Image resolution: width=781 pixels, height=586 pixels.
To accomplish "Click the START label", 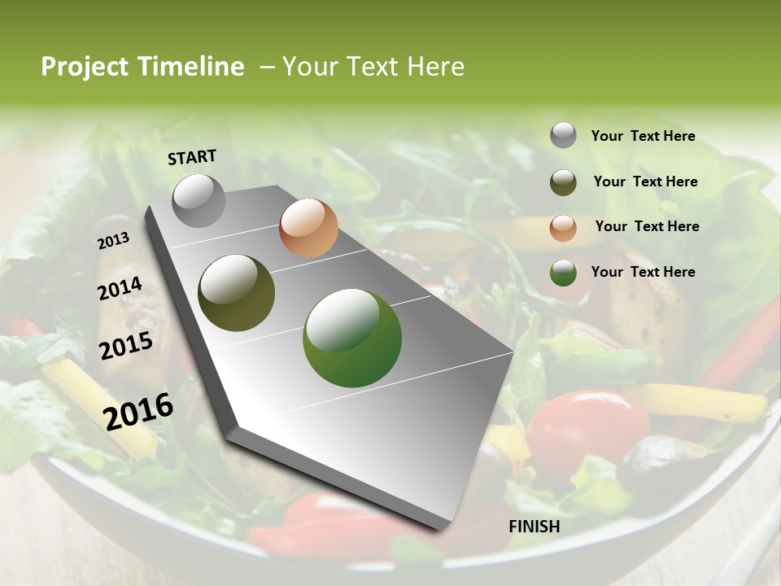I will (192, 157).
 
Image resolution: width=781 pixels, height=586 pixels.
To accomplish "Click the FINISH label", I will (534, 527).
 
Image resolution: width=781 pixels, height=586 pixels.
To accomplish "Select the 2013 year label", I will (113, 241).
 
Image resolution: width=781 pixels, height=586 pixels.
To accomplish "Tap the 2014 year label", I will (120, 289).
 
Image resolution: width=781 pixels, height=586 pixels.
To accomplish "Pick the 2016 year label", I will (138, 411).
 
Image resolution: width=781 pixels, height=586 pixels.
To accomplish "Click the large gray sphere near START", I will (199, 200).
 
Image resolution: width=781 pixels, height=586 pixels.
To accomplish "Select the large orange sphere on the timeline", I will (308, 228).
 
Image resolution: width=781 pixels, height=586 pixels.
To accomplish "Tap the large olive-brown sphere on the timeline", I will (237, 293).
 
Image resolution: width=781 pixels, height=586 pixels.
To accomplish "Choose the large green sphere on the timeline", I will (352, 338).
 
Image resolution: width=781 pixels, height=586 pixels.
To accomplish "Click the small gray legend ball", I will (563, 135).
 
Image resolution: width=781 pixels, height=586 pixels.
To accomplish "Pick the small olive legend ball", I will (563, 182).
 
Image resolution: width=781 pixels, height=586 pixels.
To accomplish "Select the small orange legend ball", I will (563, 228).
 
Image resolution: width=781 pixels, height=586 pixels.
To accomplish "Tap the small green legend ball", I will (563, 273).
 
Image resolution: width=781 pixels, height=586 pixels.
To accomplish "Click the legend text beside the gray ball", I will (643, 136).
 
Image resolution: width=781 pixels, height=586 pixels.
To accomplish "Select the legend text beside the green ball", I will (643, 272).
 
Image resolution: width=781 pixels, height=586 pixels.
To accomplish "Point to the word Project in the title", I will (85, 67).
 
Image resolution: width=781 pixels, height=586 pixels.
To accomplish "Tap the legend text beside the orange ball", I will (647, 226).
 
